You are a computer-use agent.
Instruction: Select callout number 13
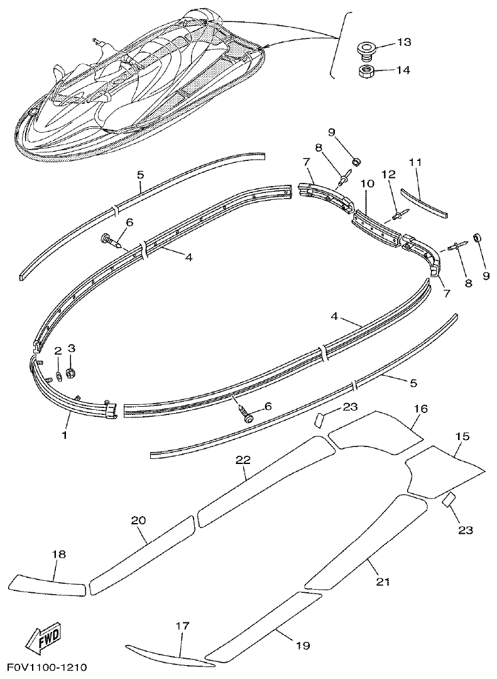tap(403, 42)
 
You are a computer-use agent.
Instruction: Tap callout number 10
tap(368, 184)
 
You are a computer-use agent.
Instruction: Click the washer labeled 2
tap(58, 376)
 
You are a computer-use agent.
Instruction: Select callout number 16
tap(420, 409)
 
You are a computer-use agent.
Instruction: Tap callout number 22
tap(243, 460)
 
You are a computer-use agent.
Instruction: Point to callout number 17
tap(182, 626)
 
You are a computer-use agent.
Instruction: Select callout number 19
tap(303, 645)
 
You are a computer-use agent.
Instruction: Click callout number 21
tap(383, 582)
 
